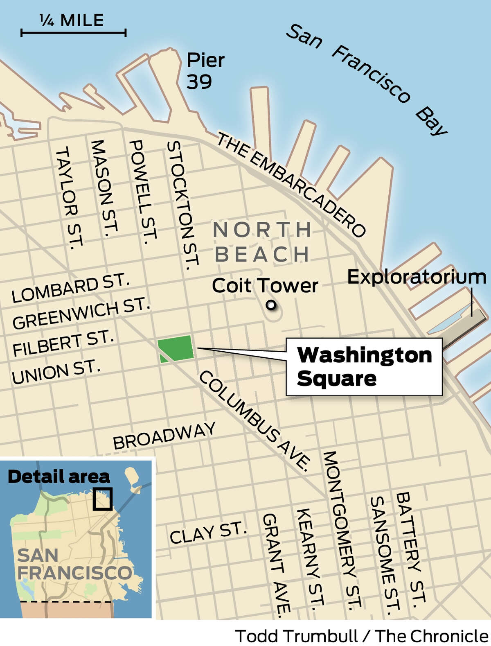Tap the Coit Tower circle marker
[270, 305]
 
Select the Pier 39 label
[205, 71]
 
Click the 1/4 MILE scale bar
[73, 32]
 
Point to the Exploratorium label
[417, 277]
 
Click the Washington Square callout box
[364, 367]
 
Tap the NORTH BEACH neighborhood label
[262, 242]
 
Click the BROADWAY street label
[164, 436]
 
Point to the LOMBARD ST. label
[70, 289]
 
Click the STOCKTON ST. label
[182, 205]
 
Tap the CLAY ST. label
[208, 533]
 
